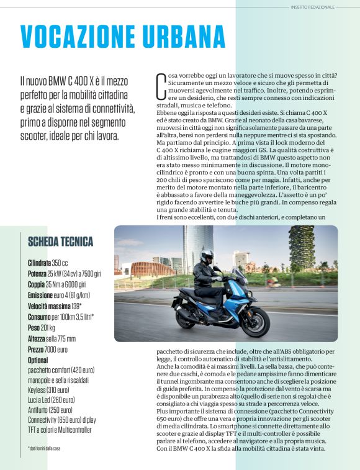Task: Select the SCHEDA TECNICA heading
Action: [61, 242]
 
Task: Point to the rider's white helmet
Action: [207, 256]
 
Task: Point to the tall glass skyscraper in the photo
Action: [197, 248]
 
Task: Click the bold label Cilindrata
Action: [40, 263]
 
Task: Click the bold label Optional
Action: [38, 360]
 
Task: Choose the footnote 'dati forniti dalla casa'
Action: [46, 448]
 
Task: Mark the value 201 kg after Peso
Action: [48, 327]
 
